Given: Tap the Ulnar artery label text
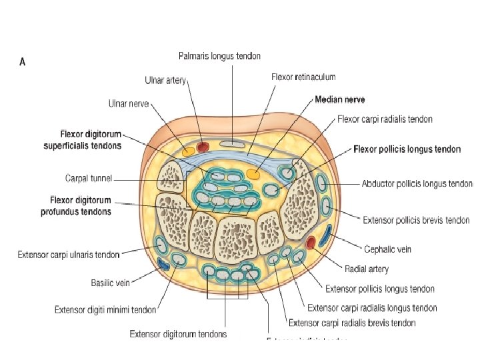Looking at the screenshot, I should click(x=165, y=81).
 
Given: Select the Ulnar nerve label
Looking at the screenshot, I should click(x=129, y=104).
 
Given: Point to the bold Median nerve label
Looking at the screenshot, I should click(x=339, y=100).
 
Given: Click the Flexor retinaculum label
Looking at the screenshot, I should click(x=303, y=77).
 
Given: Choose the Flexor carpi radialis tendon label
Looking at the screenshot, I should click(x=385, y=120).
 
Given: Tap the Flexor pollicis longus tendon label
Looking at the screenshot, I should click(x=407, y=149).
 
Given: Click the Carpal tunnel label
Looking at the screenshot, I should click(x=89, y=179).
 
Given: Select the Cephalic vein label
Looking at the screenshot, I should click(x=387, y=250).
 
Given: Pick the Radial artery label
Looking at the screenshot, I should click(x=367, y=269).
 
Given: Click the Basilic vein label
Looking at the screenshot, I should click(x=110, y=283).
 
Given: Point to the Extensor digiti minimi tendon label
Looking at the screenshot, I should click(x=105, y=309).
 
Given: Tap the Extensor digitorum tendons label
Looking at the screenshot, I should click(x=178, y=334).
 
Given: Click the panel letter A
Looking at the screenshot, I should click(x=23, y=62).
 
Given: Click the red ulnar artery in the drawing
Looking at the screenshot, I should click(x=203, y=146).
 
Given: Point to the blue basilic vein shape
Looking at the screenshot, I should click(x=163, y=264).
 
